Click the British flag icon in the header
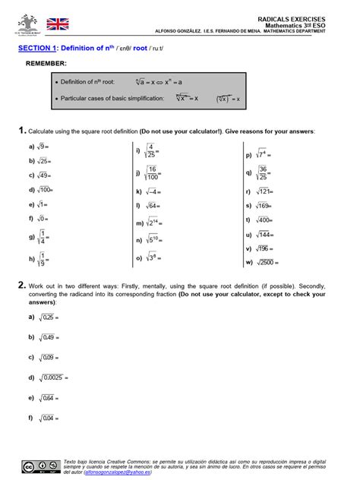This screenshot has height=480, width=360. [x=56, y=25]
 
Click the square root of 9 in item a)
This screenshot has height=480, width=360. [x=44, y=147]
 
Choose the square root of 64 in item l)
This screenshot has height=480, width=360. [x=153, y=206]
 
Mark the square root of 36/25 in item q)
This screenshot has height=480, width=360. [x=262, y=173]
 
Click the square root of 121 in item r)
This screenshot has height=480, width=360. [x=263, y=191]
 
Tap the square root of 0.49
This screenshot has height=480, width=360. [x=48, y=336]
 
